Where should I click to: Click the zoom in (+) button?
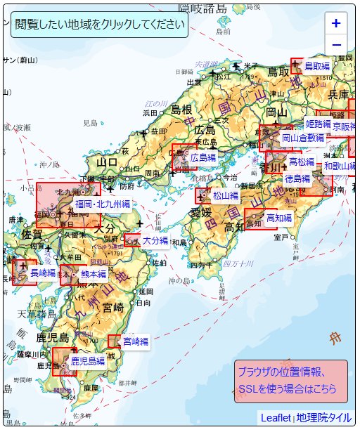[x=336, y=23]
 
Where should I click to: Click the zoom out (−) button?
[x=336, y=45]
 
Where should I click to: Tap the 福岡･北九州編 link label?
[x=103, y=204]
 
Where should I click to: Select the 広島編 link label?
[x=203, y=159]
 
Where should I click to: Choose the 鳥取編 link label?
[x=316, y=66]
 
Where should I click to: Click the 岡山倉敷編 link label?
[x=303, y=138]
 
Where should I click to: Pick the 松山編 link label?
[x=226, y=195]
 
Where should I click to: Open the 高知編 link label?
[x=279, y=218]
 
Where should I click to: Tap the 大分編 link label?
[x=155, y=240]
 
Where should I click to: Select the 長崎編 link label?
[x=43, y=273]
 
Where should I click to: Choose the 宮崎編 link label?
[x=136, y=342]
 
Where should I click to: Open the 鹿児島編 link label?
[x=88, y=362]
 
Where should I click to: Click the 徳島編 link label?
[x=297, y=179]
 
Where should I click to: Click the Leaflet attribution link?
[x=276, y=417]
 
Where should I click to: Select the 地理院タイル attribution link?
[x=323, y=417]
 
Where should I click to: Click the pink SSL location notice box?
[x=290, y=381]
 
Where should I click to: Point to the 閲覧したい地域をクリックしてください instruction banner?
[x=99, y=24]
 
